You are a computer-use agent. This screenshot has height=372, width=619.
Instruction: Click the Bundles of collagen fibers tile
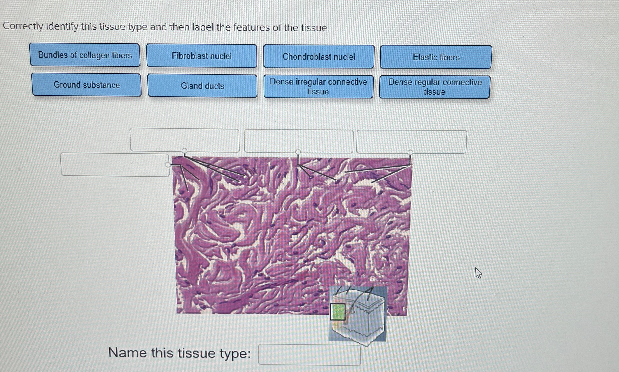pyautogui.click(x=85, y=55)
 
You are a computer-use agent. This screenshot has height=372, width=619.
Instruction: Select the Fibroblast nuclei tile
pyautogui.click(x=202, y=56)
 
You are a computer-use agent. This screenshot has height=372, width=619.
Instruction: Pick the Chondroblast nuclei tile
pyautogui.click(x=319, y=57)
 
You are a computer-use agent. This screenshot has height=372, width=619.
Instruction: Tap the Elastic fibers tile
pyautogui.click(x=436, y=57)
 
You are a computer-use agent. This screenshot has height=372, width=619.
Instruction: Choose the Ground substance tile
pyautogui.click(x=87, y=85)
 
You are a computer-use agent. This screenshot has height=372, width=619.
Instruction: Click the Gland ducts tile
pyautogui.click(x=202, y=86)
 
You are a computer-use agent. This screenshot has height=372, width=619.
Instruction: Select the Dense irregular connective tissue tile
pyautogui.click(x=319, y=86)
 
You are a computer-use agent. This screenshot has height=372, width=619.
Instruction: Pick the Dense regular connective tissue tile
pyautogui.click(x=435, y=87)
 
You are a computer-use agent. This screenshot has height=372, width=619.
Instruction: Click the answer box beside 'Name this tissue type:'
pyautogui.click(x=309, y=354)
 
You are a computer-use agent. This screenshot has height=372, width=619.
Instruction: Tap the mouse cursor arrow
pyautogui.click(x=478, y=273)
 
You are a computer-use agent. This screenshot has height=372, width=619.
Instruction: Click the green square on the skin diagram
pyautogui.click(x=338, y=311)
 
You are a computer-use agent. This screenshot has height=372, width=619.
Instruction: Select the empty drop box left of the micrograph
pyautogui.click(x=115, y=164)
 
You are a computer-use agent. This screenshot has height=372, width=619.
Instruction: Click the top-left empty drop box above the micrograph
pyautogui.click(x=185, y=140)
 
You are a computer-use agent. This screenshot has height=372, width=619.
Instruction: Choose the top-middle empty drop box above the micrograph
pyautogui.click(x=299, y=141)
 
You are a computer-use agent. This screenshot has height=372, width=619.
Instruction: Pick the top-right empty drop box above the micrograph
pyautogui.click(x=412, y=142)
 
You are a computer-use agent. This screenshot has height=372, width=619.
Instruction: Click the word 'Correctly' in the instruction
pyautogui.click(x=23, y=26)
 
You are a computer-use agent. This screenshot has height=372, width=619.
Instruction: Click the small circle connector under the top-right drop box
pyautogui.click(x=410, y=152)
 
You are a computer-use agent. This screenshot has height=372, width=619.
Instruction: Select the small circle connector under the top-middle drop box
pyautogui.click(x=298, y=152)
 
